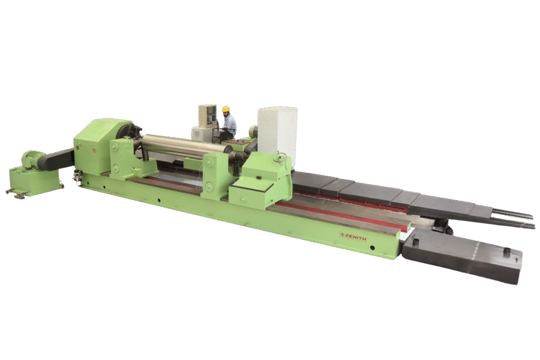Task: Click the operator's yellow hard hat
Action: tap(226, 109)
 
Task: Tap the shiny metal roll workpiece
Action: tap(186, 144)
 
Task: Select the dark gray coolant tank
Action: tap(462, 255)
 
